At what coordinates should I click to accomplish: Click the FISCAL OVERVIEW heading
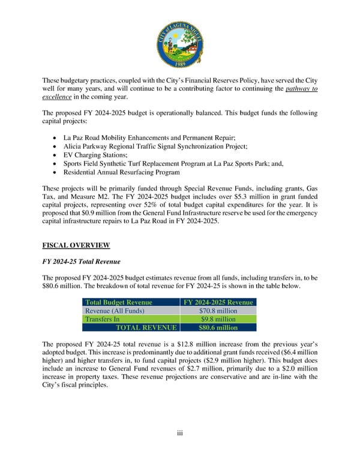coord(76,245)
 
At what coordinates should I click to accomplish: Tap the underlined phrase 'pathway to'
coord(301,89)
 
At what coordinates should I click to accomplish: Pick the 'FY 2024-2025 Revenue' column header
coord(218,302)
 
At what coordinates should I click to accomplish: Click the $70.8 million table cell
coord(218,311)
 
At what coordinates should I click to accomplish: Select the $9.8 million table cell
coord(218,319)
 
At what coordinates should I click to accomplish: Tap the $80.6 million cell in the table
coord(218,328)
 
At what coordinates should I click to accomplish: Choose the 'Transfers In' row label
coord(104,319)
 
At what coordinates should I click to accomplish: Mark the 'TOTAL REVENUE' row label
coord(146,328)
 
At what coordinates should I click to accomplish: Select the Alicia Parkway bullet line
coord(155,146)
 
